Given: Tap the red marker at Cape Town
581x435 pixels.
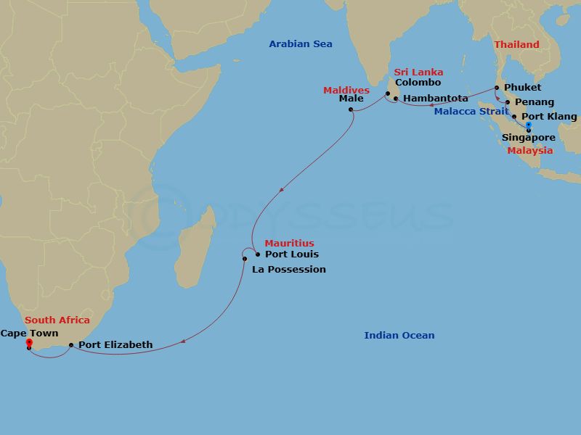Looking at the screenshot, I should point(28,342).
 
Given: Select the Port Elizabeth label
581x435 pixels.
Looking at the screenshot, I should point(115,345).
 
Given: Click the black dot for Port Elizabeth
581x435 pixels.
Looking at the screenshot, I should point(70,345).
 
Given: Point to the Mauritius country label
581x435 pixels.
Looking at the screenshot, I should point(289,244).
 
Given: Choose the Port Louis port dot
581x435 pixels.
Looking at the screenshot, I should point(258,254).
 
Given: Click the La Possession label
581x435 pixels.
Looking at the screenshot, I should point(288,269).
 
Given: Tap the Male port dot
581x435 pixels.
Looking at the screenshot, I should point(351,110).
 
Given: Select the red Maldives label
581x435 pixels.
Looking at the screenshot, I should point(346,91).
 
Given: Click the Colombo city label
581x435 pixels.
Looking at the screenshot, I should point(418,83).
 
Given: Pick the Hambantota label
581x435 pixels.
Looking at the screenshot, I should point(435,99).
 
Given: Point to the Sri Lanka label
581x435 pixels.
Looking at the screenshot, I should point(418,72).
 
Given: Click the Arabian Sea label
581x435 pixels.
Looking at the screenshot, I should point(300,44).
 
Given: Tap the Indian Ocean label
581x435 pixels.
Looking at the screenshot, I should point(399,336).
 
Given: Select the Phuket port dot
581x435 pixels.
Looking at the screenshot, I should point(497,88).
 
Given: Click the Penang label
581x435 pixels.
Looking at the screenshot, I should point(535,102).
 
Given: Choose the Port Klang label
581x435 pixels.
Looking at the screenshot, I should point(549,117).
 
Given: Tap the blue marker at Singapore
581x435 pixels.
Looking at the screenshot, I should point(529,126).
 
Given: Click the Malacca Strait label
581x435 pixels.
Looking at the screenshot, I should point(471,112).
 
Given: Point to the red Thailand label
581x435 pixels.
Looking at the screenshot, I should point(516,45).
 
